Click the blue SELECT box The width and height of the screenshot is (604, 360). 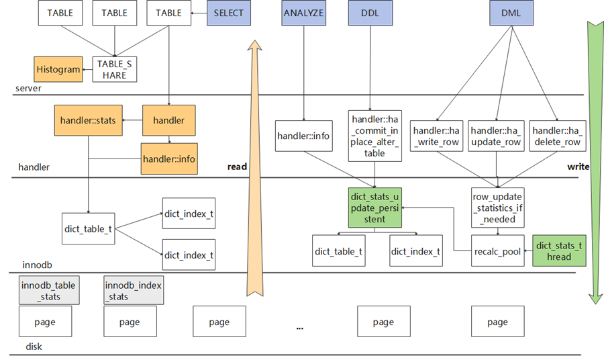(229, 13)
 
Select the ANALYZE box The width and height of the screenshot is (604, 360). (303, 13)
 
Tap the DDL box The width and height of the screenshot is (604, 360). (368, 13)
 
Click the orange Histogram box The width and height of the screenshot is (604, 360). (58, 69)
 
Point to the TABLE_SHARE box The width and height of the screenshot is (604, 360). (115, 69)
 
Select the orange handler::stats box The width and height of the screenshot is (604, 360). (88, 121)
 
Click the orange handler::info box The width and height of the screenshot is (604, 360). (169, 159)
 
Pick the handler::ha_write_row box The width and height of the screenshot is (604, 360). (437, 136)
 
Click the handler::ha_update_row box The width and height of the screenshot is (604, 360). (496, 136)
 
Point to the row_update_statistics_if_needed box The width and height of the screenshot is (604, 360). (497, 208)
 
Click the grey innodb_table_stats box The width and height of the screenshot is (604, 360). (48, 291)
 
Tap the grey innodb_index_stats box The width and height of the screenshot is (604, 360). (133, 291)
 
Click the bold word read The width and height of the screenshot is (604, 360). (236, 167)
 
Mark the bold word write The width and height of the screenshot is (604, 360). (578, 167)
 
